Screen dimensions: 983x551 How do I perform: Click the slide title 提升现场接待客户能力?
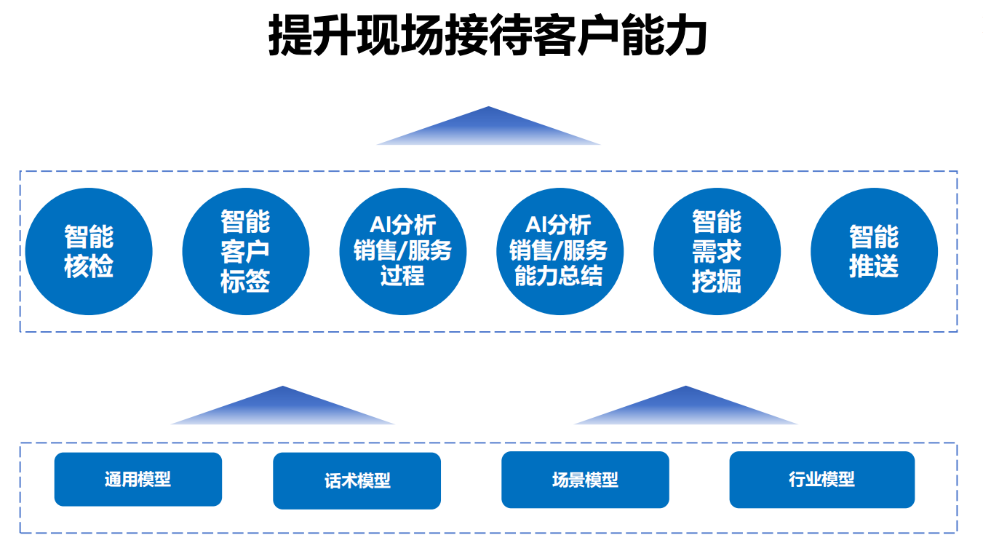pos(487,35)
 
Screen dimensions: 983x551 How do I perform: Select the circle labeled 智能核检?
pos(89,252)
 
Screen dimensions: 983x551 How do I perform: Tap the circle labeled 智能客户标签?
pos(246,252)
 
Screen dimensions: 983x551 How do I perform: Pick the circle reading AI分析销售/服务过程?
pos(403,252)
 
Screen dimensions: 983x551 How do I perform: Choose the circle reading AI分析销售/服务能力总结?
pos(560,252)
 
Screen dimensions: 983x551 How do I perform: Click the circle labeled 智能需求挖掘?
pos(717,252)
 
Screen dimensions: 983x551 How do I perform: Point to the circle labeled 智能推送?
pos(874,252)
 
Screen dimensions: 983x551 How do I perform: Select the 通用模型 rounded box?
pos(138,480)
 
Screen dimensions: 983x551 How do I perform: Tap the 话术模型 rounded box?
pos(357,480)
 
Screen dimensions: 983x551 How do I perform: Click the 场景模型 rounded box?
pos(586,480)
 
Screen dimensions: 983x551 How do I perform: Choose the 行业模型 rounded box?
pos(822,480)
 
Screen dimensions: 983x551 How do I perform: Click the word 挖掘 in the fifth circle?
pos(717,282)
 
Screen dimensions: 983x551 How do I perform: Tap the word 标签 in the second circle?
pos(245,282)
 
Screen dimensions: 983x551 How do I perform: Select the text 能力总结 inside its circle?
pos(559,276)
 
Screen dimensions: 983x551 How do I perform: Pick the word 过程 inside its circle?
pos(402,276)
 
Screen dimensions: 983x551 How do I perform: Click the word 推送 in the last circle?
pos(874,266)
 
